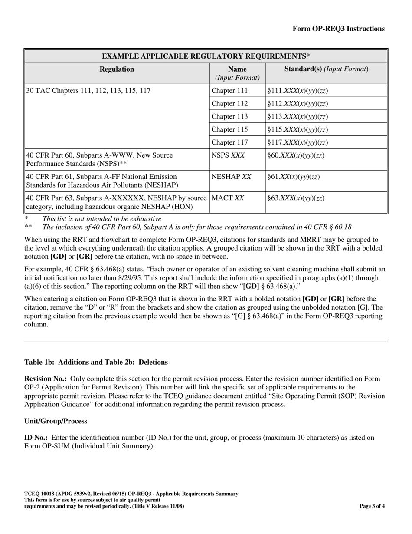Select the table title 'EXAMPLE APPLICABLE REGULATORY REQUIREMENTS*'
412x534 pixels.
point(206,56)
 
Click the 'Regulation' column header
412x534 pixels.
point(117,69)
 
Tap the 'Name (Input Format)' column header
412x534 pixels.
point(237,73)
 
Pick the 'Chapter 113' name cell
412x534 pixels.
point(229,116)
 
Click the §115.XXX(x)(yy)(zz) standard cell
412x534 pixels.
point(298,129)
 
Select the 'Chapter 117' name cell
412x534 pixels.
point(229,142)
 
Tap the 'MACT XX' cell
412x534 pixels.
point(227,198)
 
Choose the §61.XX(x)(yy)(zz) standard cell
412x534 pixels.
point(294,177)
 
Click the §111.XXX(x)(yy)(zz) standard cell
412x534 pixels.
point(298,91)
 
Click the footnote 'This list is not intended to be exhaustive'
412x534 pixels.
point(101,219)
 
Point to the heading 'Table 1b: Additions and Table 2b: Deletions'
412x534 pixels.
point(96,362)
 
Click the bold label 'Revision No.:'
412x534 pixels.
point(46,379)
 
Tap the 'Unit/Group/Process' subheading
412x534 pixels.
point(56,421)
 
